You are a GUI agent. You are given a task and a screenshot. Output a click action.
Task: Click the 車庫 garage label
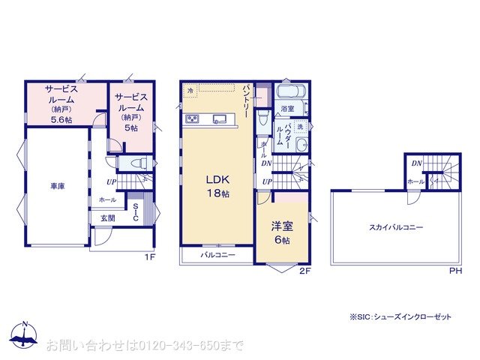[x=56, y=187]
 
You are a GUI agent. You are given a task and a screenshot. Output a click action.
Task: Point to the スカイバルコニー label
[x=395, y=227]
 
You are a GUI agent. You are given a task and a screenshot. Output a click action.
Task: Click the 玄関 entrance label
[x=108, y=218]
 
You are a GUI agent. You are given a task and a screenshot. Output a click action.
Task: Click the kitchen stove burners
[x=192, y=118]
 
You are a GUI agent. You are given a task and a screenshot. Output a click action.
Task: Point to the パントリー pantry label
[x=246, y=105]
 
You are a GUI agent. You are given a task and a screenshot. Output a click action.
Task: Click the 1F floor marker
[x=149, y=257]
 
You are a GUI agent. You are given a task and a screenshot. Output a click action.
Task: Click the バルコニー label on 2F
[x=217, y=256]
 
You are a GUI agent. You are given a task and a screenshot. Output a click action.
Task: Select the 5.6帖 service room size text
[x=61, y=119]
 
